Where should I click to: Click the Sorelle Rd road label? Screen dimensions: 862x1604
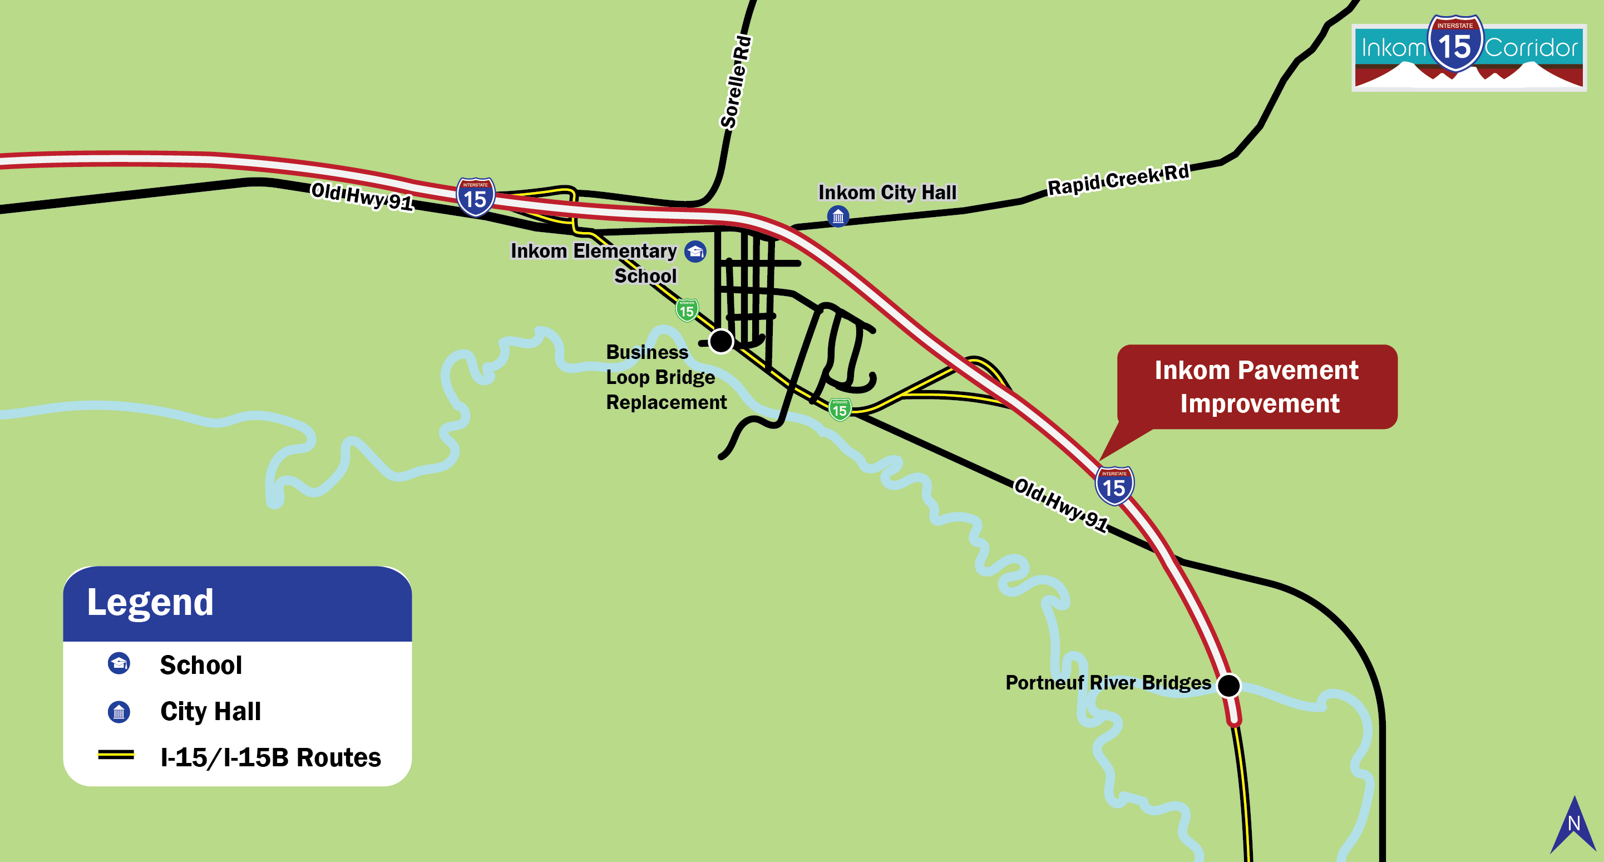tap(736, 83)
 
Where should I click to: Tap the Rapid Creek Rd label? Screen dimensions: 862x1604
tap(1118, 179)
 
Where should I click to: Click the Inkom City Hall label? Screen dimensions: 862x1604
tap(887, 193)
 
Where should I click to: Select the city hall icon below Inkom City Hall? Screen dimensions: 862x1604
tap(838, 216)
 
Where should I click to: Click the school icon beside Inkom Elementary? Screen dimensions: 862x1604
tap(695, 252)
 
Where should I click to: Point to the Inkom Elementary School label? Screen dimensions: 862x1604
tap(594, 262)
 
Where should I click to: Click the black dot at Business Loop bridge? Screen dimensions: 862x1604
tap(721, 341)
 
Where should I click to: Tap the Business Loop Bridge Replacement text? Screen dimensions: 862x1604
tap(665, 377)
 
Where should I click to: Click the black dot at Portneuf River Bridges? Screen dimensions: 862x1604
tap(1228, 685)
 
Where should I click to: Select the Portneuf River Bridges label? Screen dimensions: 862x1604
tap(1108, 683)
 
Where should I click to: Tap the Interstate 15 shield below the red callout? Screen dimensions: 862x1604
tap(1114, 485)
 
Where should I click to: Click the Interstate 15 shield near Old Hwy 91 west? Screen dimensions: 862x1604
tap(476, 197)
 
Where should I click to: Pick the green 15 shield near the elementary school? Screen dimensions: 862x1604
tap(687, 309)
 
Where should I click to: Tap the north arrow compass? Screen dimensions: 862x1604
tap(1573, 825)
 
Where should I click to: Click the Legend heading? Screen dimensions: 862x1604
tap(150, 602)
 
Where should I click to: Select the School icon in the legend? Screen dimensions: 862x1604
tap(119, 663)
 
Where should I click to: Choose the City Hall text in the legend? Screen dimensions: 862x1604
tap(210, 711)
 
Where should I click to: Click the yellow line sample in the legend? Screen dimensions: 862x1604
tap(116, 755)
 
